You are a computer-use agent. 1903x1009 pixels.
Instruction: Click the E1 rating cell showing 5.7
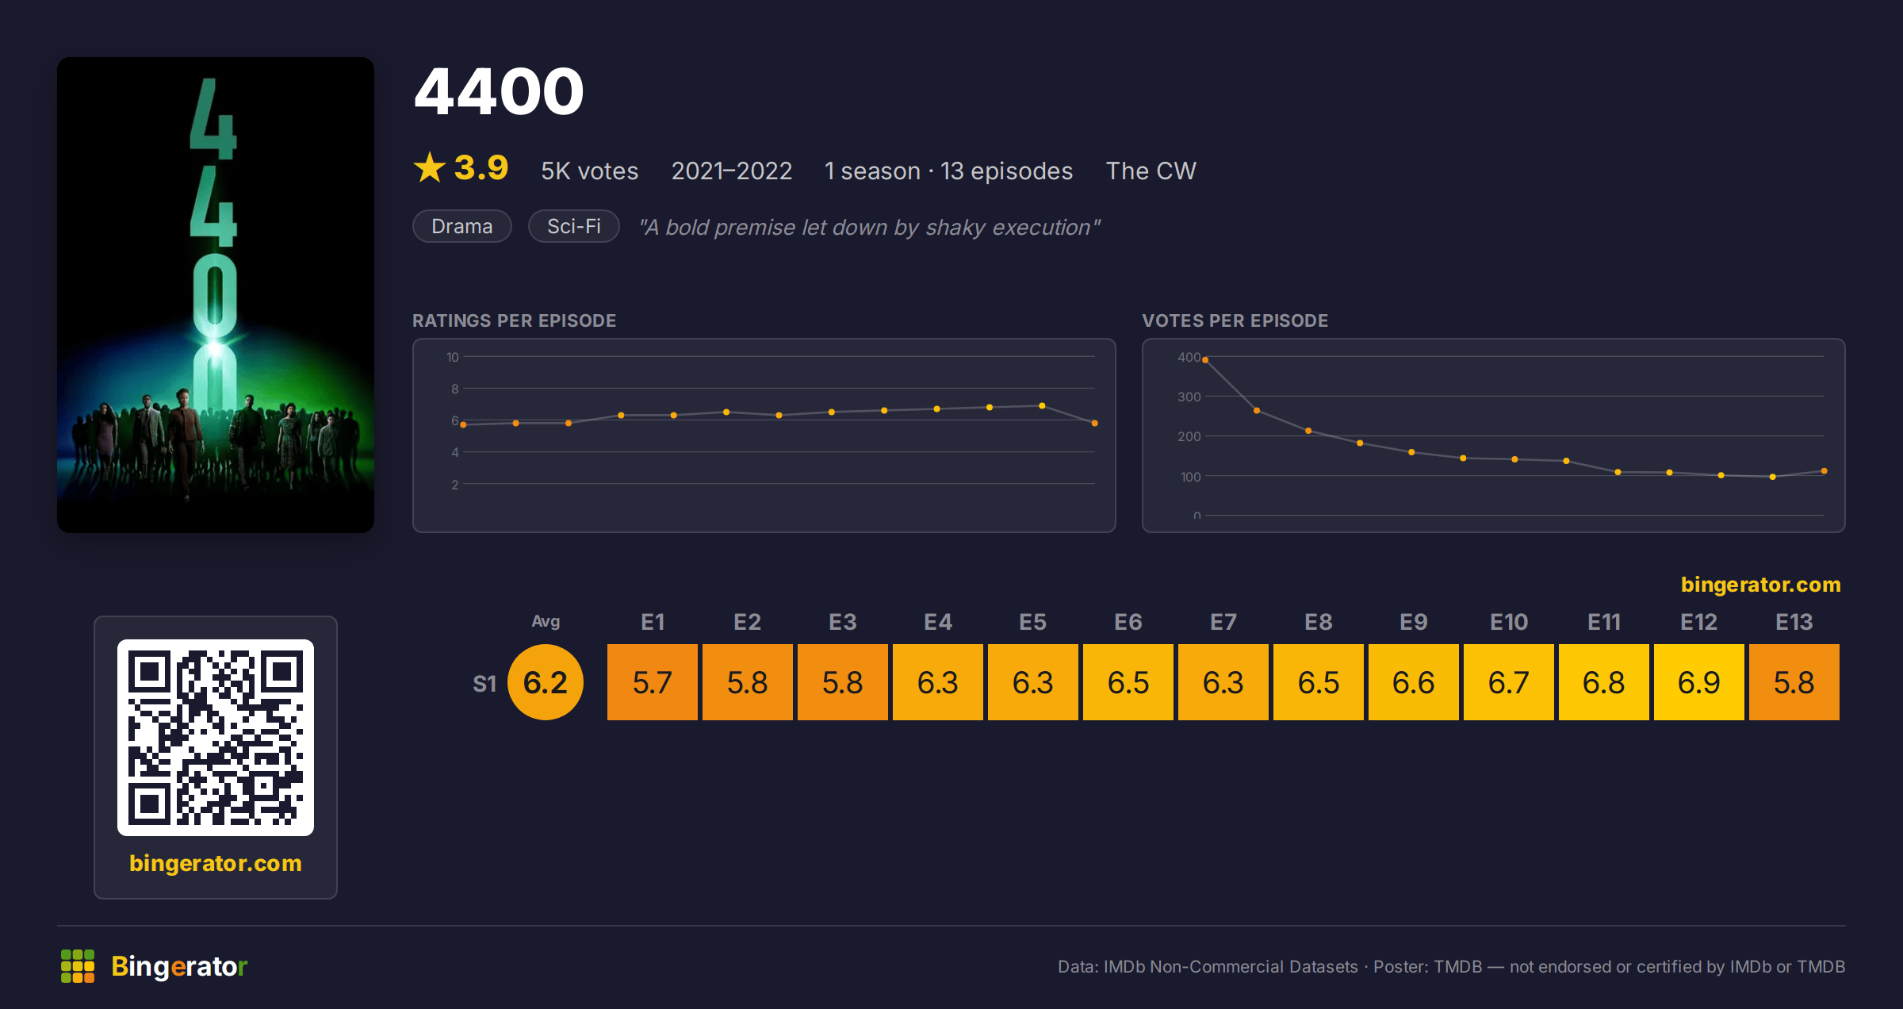click(x=653, y=682)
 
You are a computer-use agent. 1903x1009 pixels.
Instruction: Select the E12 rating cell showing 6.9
click(x=1699, y=682)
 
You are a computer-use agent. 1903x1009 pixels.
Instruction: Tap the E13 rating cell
click(x=1794, y=682)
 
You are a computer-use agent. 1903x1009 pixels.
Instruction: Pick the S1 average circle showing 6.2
click(x=546, y=682)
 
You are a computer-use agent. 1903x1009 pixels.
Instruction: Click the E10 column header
click(x=1509, y=622)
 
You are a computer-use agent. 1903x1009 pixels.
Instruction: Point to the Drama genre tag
click(x=462, y=226)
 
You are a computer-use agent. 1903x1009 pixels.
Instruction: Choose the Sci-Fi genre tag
click(x=574, y=226)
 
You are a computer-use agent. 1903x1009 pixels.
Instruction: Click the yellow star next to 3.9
click(x=430, y=167)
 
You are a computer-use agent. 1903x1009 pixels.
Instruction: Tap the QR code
click(x=216, y=738)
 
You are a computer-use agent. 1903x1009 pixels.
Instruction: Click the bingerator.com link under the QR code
click(x=216, y=863)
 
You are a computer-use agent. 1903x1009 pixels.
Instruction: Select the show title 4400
click(x=500, y=91)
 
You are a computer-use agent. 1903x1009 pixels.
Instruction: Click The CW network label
click(x=1151, y=171)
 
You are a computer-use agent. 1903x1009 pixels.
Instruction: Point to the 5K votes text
click(x=590, y=171)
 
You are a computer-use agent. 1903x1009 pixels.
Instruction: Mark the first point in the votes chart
click(x=1205, y=360)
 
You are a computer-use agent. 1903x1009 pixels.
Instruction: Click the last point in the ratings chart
click(x=1095, y=424)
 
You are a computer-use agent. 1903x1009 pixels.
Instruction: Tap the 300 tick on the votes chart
click(x=1189, y=397)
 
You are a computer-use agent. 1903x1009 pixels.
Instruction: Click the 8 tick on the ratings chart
click(x=455, y=389)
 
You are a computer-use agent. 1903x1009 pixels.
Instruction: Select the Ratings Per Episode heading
click(x=515, y=320)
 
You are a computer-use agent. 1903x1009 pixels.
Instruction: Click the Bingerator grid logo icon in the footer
click(x=78, y=966)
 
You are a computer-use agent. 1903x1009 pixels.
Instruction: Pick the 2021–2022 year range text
click(x=732, y=171)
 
